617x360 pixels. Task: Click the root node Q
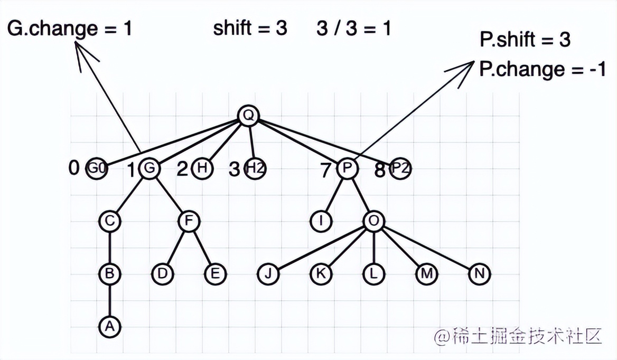click(x=249, y=116)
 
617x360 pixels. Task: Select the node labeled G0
click(x=97, y=168)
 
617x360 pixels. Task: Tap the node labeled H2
click(x=255, y=168)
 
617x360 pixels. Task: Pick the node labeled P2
click(x=400, y=168)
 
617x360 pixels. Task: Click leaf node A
click(x=110, y=326)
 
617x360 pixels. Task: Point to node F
click(x=189, y=221)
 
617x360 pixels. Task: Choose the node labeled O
click(x=374, y=221)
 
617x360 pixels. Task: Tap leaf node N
click(x=479, y=273)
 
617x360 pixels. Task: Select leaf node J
click(x=268, y=273)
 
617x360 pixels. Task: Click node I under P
click(x=321, y=221)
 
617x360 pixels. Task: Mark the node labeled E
click(x=215, y=273)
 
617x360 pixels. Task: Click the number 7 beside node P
click(x=325, y=170)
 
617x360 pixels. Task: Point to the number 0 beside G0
click(x=73, y=168)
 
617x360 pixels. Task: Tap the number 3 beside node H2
click(x=234, y=169)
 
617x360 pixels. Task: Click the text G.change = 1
click(x=70, y=29)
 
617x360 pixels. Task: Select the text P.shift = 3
click(x=525, y=39)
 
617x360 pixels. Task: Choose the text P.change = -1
click(x=542, y=69)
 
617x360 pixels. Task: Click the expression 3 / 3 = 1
click(x=354, y=29)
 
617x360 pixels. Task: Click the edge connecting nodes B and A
click(x=110, y=300)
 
